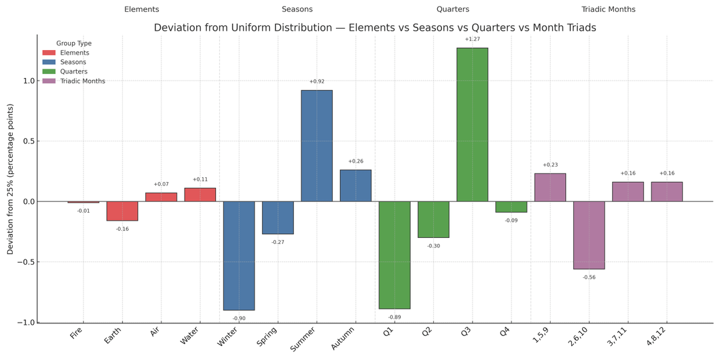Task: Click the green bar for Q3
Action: [x=472, y=125]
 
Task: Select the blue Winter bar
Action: [x=239, y=255]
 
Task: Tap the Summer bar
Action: [x=317, y=145]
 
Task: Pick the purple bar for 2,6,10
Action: [x=589, y=235]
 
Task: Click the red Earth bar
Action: [x=122, y=211]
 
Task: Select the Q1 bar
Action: [x=395, y=255]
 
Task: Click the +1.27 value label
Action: [x=472, y=39]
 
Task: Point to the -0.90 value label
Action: [x=239, y=319]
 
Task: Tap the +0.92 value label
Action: [x=317, y=82]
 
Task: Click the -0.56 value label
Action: [x=589, y=277]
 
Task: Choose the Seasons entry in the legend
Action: [x=73, y=62]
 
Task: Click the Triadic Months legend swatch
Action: [x=49, y=81]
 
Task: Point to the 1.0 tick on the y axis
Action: [x=29, y=81]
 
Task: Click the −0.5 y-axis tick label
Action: [x=27, y=262]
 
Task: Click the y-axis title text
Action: [x=10, y=179]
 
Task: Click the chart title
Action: [x=375, y=28]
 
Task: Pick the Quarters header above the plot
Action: [x=453, y=9]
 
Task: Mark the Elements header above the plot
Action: [x=141, y=9]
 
